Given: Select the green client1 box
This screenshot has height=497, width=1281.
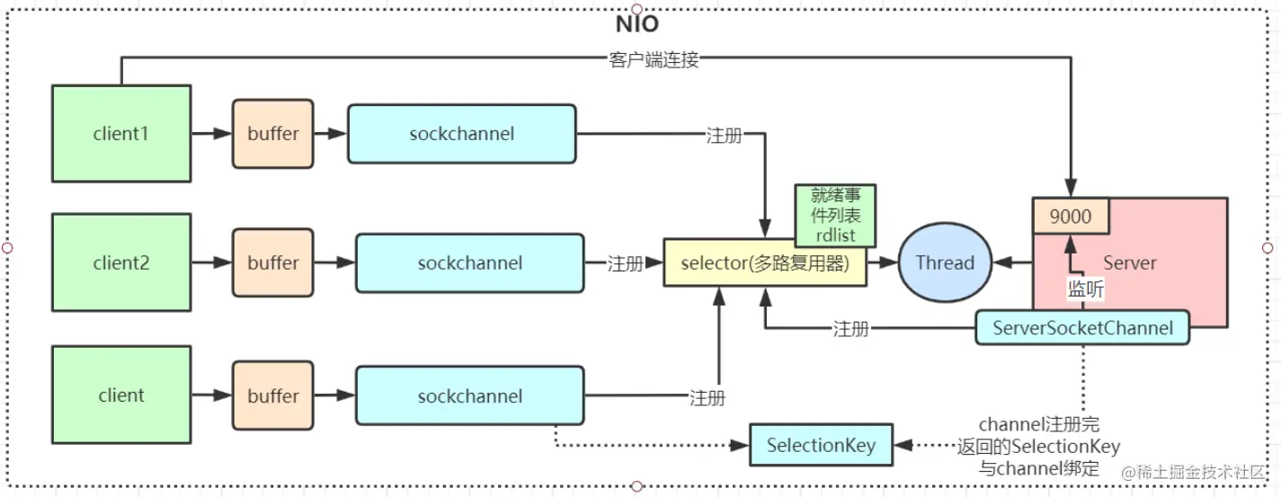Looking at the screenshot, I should [121, 134].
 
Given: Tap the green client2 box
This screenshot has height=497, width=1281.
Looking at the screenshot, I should [121, 263].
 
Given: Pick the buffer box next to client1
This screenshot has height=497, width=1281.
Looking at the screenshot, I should [273, 134].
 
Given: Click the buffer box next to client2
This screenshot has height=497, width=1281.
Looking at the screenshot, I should [273, 263].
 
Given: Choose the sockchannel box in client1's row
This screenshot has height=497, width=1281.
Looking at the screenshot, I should [462, 134].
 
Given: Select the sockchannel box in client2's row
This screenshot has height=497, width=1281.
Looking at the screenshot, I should [469, 263].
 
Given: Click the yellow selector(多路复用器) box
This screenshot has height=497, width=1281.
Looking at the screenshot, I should [764, 263].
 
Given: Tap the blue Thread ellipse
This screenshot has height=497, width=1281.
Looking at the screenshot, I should [944, 263].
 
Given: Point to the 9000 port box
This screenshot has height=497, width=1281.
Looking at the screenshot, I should [1070, 217].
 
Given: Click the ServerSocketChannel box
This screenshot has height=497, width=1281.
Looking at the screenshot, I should [1082, 328].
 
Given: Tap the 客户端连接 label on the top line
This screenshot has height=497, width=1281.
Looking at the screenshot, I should [654, 60].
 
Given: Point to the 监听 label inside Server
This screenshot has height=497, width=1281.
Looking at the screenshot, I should [1086, 289].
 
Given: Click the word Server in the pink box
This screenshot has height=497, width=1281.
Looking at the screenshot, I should [1130, 262].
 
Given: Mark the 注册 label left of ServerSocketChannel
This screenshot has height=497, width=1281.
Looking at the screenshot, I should [850, 329].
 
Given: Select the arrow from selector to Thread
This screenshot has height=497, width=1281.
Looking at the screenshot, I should [884, 263].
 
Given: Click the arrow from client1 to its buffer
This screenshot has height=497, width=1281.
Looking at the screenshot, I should [211, 134].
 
